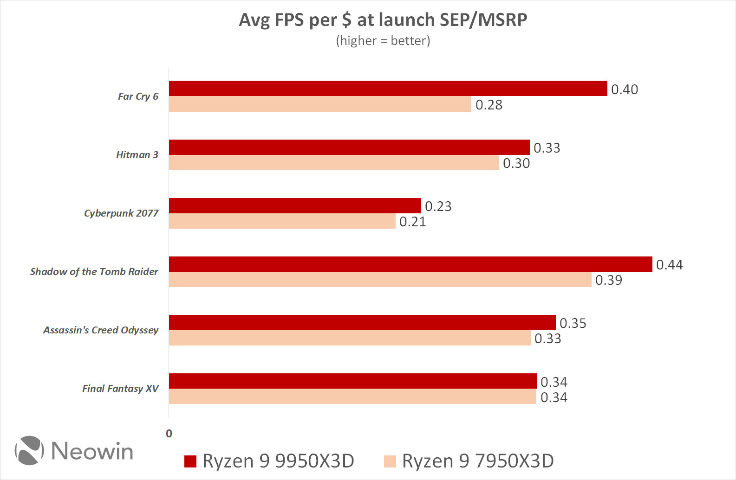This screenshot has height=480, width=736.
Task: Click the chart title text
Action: tap(383, 20)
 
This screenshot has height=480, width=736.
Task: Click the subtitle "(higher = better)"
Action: tap(383, 41)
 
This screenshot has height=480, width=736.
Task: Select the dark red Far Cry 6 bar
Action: tap(388, 89)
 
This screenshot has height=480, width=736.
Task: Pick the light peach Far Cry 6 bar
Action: tap(320, 104)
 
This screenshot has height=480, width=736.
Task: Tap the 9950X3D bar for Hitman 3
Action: tap(349, 147)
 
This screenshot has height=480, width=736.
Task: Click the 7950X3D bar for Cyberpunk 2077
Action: tap(282, 221)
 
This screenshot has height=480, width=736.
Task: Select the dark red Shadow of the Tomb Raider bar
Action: tap(410, 264)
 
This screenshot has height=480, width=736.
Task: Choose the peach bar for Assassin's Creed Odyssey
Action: tap(350, 338)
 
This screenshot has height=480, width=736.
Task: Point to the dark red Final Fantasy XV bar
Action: tap(352, 381)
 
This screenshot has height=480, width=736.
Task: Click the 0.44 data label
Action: tap(669, 265)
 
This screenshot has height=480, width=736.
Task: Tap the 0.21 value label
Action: tap(412, 222)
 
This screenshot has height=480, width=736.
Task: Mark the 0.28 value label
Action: tap(488, 105)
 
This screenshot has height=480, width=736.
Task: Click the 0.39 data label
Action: tap(608, 280)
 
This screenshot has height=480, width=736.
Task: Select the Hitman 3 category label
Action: tap(137, 155)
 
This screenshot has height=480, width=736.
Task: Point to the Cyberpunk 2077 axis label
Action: tap(121, 213)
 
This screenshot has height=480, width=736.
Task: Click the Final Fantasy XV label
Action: tap(120, 389)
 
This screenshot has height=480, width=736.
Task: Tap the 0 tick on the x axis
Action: tap(169, 434)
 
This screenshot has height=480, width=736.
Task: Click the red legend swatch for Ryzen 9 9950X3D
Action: tap(190, 461)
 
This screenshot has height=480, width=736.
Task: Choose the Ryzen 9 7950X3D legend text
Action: tap(477, 461)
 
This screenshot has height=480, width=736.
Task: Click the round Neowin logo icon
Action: tap(30, 450)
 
